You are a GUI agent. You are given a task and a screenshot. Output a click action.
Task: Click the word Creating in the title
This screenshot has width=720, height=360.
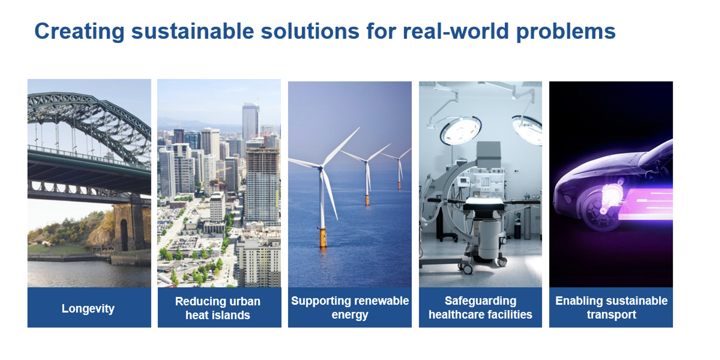(x=80, y=32)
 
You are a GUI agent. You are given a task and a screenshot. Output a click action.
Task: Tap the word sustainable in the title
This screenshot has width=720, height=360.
(x=193, y=31)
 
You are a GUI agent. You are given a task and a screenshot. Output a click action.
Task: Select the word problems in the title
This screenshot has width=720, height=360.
(x=566, y=32)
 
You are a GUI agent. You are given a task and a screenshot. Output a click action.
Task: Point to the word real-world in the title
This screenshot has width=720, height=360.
(x=456, y=31)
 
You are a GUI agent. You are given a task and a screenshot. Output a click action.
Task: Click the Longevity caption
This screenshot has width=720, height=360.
(x=88, y=309)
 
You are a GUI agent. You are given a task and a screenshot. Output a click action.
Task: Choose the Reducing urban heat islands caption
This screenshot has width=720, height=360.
(x=218, y=308)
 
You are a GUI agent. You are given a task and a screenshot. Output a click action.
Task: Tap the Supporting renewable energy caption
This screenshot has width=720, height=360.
(x=350, y=308)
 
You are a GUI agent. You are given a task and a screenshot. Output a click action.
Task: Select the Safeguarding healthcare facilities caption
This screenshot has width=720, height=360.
(x=481, y=308)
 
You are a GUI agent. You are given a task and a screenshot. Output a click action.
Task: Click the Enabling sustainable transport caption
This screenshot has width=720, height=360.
(x=611, y=308)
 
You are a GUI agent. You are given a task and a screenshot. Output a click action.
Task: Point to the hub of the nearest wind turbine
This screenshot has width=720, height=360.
(x=321, y=167)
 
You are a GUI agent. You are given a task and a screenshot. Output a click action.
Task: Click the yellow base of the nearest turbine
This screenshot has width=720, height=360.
(x=323, y=237)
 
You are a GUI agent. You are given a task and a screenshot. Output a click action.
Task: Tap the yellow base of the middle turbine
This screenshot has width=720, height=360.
(x=367, y=200)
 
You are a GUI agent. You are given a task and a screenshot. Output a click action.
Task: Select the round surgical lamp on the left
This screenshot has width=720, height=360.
(x=460, y=130)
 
